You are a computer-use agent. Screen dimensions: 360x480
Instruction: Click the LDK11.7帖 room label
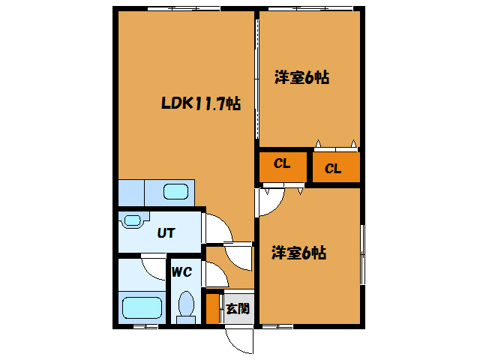click(x=200, y=105)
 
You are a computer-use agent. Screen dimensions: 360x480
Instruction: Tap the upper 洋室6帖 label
click(x=301, y=76)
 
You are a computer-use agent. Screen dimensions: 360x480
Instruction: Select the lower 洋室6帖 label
click(x=298, y=253)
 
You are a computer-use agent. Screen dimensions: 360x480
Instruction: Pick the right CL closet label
click(x=333, y=169)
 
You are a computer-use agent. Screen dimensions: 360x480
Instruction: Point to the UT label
click(x=166, y=232)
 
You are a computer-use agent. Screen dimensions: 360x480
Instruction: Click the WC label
click(x=182, y=272)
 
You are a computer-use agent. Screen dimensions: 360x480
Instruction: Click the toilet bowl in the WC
click(x=186, y=306)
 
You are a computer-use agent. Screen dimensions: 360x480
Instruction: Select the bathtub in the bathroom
click(x=142, y=307)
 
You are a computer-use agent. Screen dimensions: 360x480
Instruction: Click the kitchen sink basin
click(x=175, y=191)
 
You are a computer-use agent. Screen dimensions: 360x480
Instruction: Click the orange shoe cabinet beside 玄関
click(x=212, y=307)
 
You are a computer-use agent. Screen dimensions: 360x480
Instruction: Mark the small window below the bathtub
click(x=145, y=326)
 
